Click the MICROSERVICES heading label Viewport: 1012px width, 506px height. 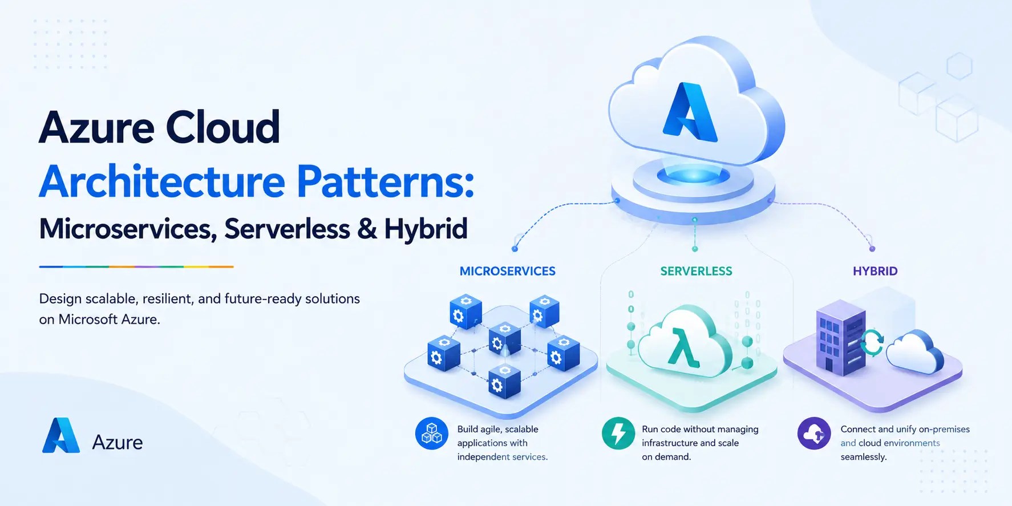(x=507, y=271)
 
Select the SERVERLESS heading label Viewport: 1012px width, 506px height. (x=696, y=271)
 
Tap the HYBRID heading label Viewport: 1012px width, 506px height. (x=875, y=271)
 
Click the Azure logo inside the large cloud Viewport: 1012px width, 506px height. (x=690, y=112)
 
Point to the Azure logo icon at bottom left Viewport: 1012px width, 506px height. (x=60, y=435)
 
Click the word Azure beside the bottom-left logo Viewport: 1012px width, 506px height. (x=118, y=442)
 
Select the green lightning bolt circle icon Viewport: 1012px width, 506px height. (x=618, y=434)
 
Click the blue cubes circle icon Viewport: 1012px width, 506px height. (x=431, y=434)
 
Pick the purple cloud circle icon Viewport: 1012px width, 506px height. (x=814, y=434)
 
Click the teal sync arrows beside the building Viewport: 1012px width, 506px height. (x=872, y=342)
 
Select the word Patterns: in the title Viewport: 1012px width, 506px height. (x=385, y=182)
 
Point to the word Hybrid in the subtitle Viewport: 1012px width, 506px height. (x=426, y=229)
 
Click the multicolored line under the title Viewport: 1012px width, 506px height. (x=136, y=266)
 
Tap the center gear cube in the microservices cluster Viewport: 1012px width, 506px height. (x=504, y=338)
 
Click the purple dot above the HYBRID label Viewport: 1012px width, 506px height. (x=872, y=249)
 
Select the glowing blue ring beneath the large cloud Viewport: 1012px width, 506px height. (x=693, y=176)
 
